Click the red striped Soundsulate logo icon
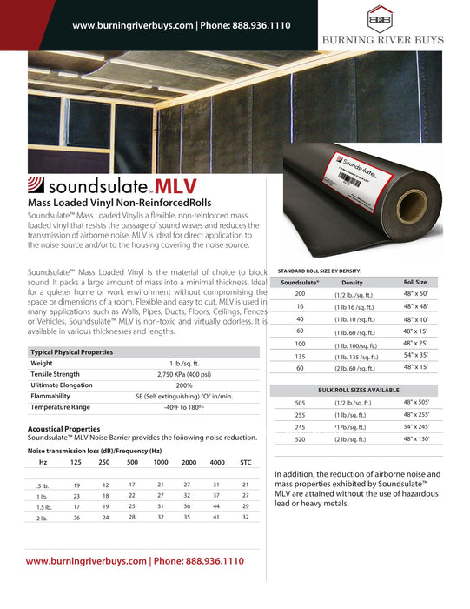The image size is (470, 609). point(37,185)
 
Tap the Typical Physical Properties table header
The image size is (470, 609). point(71,352)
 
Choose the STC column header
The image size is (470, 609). point(245,462)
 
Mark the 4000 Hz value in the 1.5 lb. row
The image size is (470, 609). point(217,506)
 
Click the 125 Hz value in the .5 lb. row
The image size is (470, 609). point(76,485)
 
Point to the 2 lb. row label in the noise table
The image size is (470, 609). point(42,519)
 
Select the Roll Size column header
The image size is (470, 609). point(415,283)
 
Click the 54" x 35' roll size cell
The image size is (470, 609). point(415,356)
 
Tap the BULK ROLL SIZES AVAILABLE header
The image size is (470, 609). point(359,391)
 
